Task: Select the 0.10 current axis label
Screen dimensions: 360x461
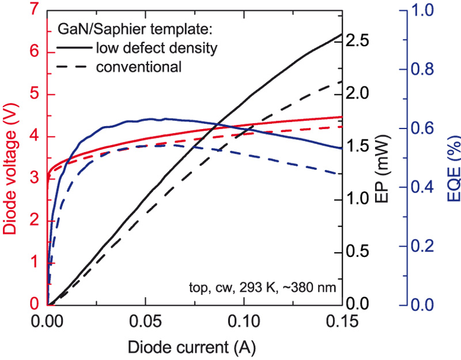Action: coord(244,320)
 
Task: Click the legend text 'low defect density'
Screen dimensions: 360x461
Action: coord(157,47)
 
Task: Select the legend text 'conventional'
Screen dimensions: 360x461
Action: coord(139,67)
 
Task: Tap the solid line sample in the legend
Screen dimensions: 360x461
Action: coord(74,47)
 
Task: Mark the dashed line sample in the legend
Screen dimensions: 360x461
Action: coord(74,67)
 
